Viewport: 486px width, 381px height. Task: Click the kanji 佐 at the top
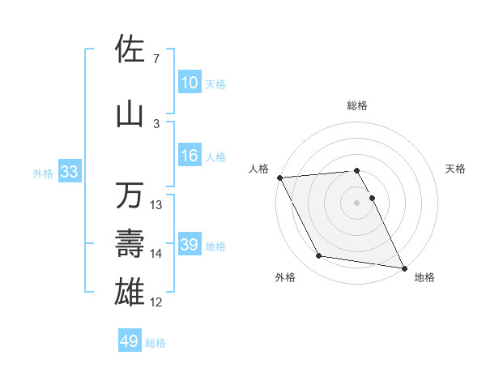[130, 49]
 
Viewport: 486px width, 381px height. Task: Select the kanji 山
[130, 114]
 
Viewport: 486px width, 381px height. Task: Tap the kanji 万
[130, 195]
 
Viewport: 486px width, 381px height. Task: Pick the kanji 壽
[130, 242]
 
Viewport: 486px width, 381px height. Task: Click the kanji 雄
[130, 291]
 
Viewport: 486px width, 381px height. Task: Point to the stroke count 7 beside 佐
[156, 58]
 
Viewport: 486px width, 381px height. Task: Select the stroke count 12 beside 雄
[156, 302]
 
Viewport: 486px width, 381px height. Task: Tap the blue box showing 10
[189, 83]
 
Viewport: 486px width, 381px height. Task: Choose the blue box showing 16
[189, 156]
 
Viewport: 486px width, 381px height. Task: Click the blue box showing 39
[189, 245]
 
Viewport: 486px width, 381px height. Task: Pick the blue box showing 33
[68, 172]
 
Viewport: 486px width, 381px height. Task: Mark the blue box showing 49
[129, 341]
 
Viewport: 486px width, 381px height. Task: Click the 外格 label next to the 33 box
[43, 173]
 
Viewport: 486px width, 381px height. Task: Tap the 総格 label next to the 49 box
[156, 343]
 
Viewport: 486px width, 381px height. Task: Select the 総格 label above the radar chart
[356, 105]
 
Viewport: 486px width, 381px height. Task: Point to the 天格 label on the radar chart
[456, 169]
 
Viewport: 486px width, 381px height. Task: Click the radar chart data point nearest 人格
[279, 178]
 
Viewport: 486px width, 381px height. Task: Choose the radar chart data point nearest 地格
[403, 268]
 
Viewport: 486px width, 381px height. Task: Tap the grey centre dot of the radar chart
[356, 202]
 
